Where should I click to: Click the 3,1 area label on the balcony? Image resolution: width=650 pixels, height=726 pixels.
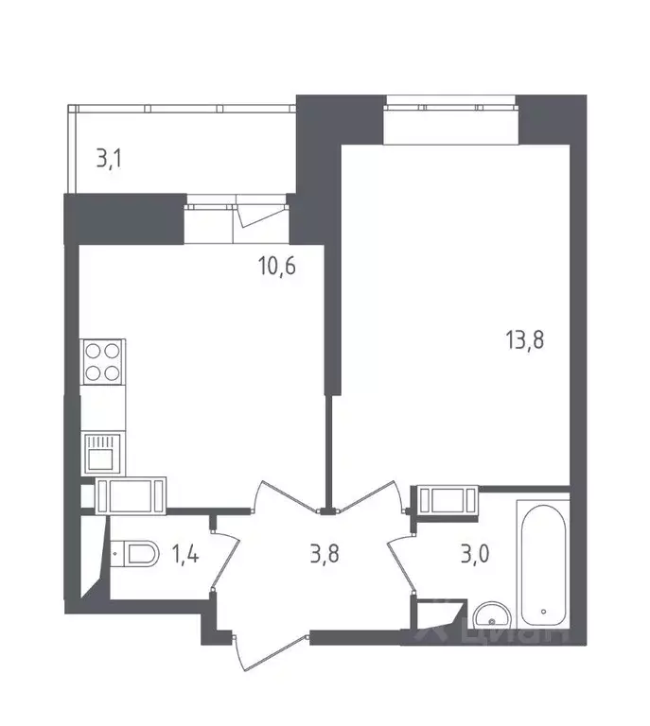pos(110,159)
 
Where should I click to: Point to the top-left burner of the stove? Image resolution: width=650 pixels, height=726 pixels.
pos(93,351)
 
